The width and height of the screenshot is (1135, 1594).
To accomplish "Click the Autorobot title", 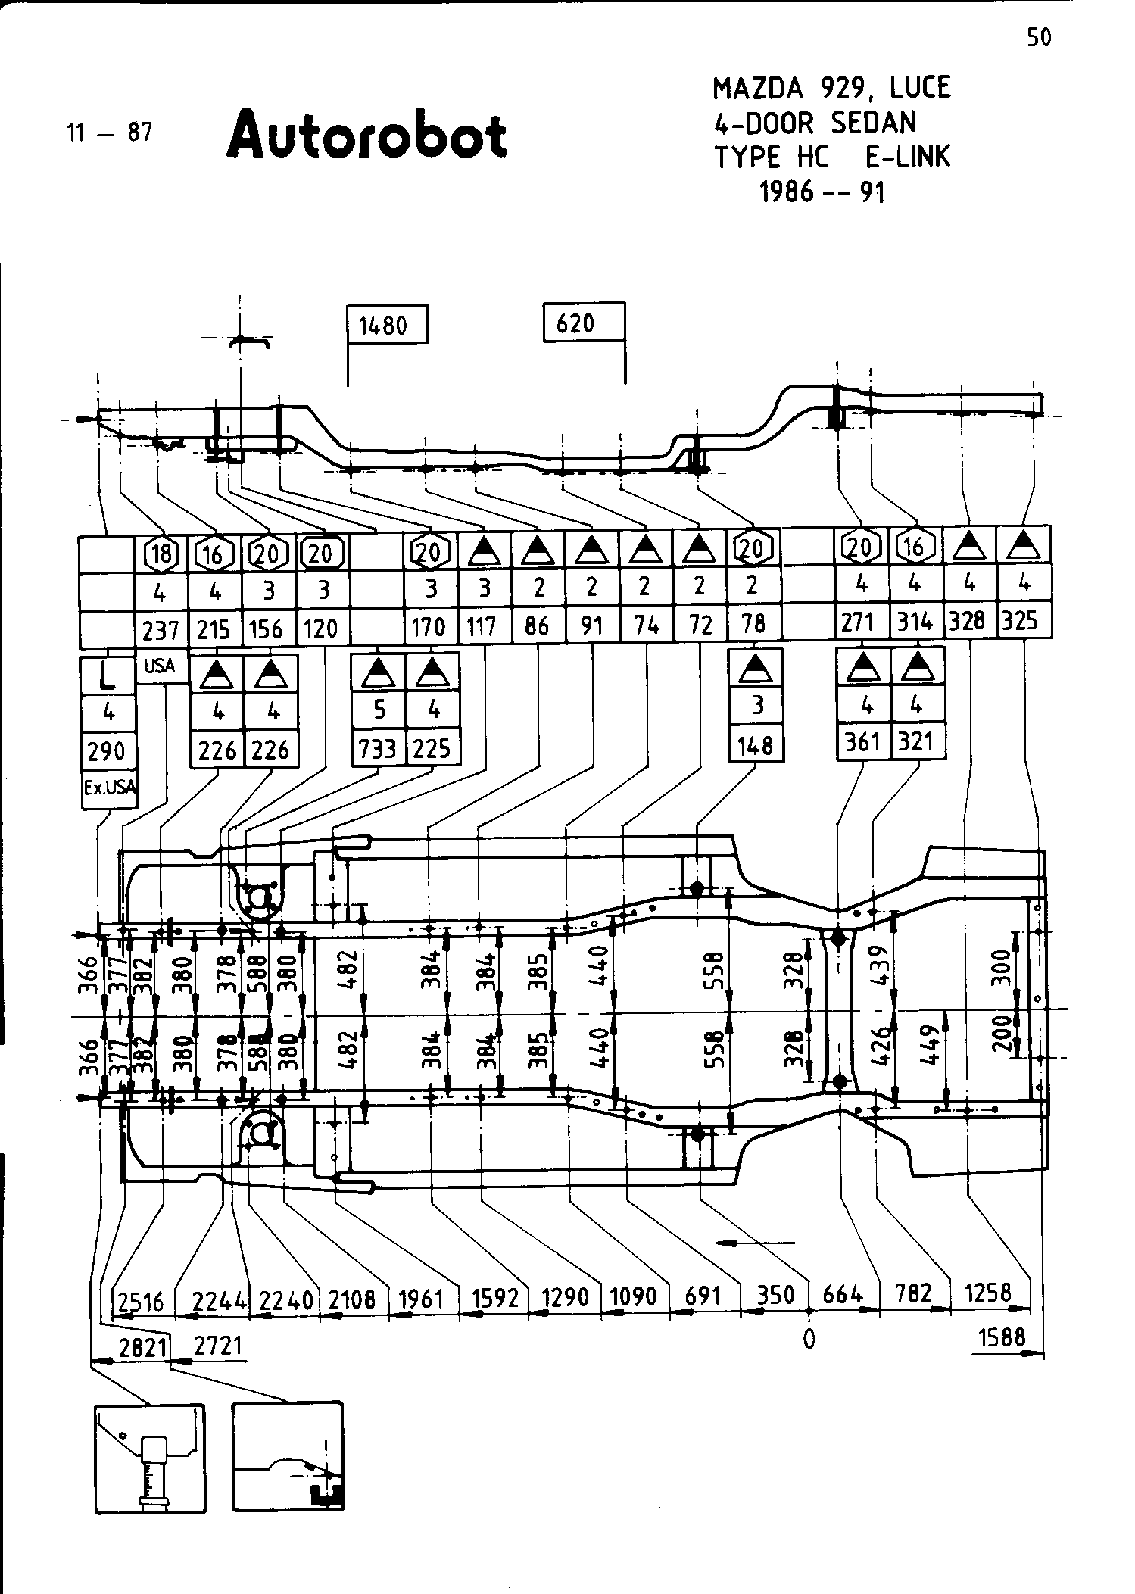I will (366, 136).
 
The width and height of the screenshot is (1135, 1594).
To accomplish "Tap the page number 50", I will (1039, 38).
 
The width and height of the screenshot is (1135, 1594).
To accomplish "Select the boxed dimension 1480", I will (382, 326).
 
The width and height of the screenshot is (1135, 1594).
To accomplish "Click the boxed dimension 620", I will (575, 324).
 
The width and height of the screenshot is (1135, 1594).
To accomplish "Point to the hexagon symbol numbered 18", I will (161, 554).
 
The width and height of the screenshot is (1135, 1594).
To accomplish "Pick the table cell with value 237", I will (161, 629).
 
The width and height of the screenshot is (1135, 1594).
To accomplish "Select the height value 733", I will (378, 749).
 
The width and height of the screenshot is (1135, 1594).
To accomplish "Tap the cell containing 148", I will (755, 746).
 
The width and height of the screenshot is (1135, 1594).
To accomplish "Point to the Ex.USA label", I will (110, 787).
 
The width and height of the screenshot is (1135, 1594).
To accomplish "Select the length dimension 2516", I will (142, 1302).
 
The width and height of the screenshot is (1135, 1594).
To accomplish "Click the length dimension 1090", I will (634, 1297).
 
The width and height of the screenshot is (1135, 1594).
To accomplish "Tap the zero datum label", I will (809, 1340).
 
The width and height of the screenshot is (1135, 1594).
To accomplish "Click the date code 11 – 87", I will (109, 133).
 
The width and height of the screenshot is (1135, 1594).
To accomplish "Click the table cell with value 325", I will (1023, 622).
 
